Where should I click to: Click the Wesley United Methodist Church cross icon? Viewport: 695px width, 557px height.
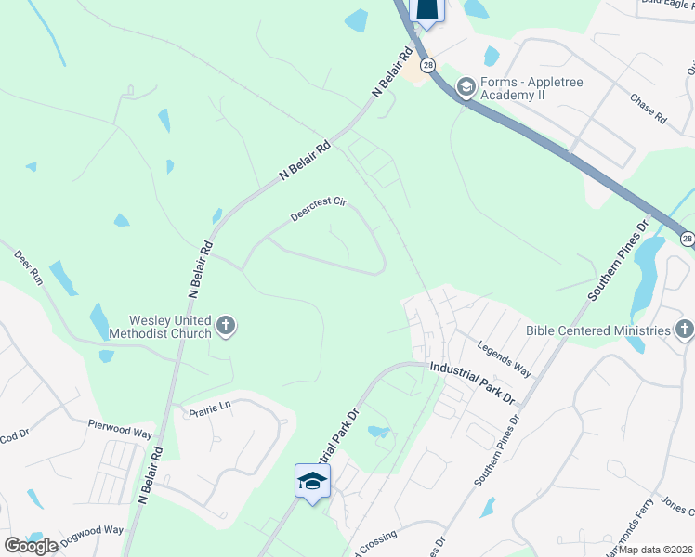226,326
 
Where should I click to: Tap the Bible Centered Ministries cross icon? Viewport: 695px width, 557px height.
684,330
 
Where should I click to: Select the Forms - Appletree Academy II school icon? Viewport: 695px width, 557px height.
466,88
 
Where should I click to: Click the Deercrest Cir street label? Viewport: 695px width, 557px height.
317,213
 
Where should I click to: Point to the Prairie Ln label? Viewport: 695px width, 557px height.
209,408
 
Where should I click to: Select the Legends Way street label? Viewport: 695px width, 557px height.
504,359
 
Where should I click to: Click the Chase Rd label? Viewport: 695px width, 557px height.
649,109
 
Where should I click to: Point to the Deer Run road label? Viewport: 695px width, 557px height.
30,268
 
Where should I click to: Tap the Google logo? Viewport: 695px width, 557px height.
30,545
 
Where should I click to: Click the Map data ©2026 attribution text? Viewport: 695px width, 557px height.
656,551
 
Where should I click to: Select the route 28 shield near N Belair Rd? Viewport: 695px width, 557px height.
427,64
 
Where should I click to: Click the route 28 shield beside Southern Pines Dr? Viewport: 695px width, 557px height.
687,239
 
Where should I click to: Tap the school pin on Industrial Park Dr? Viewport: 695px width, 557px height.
312,480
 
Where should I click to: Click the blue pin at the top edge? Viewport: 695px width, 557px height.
426,9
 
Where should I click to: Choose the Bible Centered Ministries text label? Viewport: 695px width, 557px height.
597,330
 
